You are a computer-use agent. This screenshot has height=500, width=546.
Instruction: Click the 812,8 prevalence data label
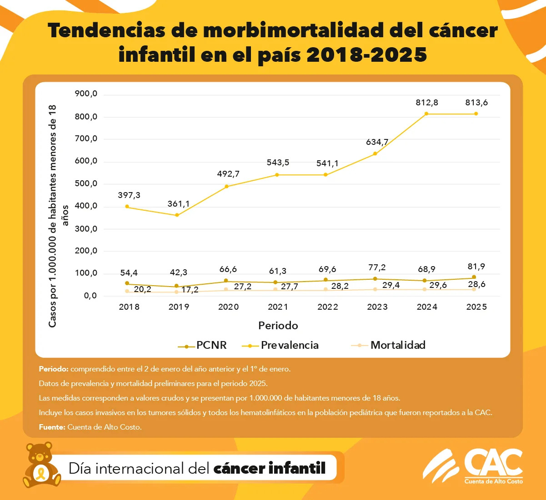pos(426,103)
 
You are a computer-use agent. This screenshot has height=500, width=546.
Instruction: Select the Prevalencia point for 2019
pos(177,215)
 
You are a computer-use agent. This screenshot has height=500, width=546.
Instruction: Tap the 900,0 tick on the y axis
pos(86,94)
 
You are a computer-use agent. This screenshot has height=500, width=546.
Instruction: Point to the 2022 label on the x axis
pos(327,307)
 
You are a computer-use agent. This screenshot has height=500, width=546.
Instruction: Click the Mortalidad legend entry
pos(398,345)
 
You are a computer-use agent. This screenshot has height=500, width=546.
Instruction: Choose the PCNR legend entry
pos(211,345)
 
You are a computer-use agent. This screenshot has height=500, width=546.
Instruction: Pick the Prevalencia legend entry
pos(289,345)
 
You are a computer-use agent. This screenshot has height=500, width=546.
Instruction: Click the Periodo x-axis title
pos(278,326)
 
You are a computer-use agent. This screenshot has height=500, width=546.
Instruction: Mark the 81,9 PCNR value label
pos(476,267)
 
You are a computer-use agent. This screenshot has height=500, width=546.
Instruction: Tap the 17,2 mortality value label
pos(190,290)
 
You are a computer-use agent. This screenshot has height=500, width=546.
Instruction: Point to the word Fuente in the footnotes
pos(52,427)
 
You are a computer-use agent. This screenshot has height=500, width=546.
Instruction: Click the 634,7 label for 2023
pos(377,142)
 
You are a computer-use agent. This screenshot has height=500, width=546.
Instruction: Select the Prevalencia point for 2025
pos(476,114)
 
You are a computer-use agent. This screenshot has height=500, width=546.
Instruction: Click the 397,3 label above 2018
pos(129,195)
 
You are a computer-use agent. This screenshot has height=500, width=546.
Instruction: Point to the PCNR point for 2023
pos(375,279)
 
